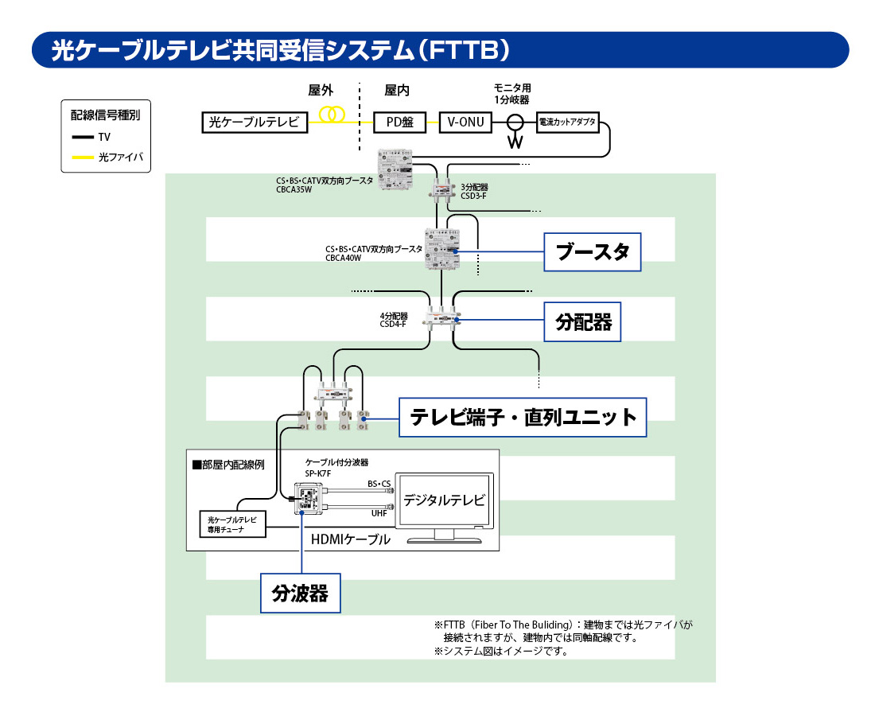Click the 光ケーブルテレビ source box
pyautogui.click(x=254, y=122)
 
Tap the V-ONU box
pyautogui.click(x=466, y=122)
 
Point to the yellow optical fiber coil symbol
pyautogui.click(x=331, y=116)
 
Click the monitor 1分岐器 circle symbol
pyautogui.click(x=515, y=123)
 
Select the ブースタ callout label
pyautogui.click(x=592, y=253)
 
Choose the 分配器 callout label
pyautogui.click(x=583, y=321)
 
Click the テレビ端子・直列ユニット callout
pyautogui.click(x=523, y=417)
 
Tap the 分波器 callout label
pyautogui.click(x=301, y=593)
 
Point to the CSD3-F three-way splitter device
pyautogui.click(x=439, y=191)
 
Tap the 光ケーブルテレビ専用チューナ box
pyautogui.click(x=232, y=523)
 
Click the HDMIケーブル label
pyautogui.click(x=351, y=539)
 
